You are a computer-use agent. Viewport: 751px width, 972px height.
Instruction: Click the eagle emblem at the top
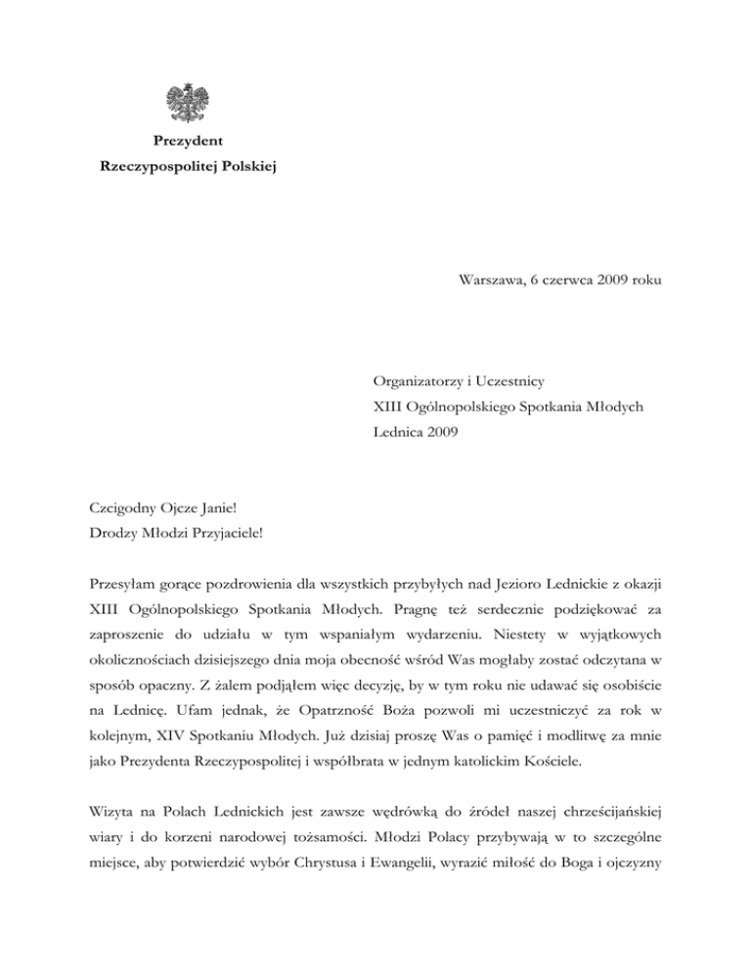click(x=187, y=104)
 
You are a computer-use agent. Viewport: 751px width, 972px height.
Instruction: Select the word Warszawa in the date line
click(x=492, y=281)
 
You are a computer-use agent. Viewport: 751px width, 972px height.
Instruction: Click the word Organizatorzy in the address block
click(x=417, y=378)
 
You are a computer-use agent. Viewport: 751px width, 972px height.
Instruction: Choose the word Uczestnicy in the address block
click(x=507, y=378)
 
